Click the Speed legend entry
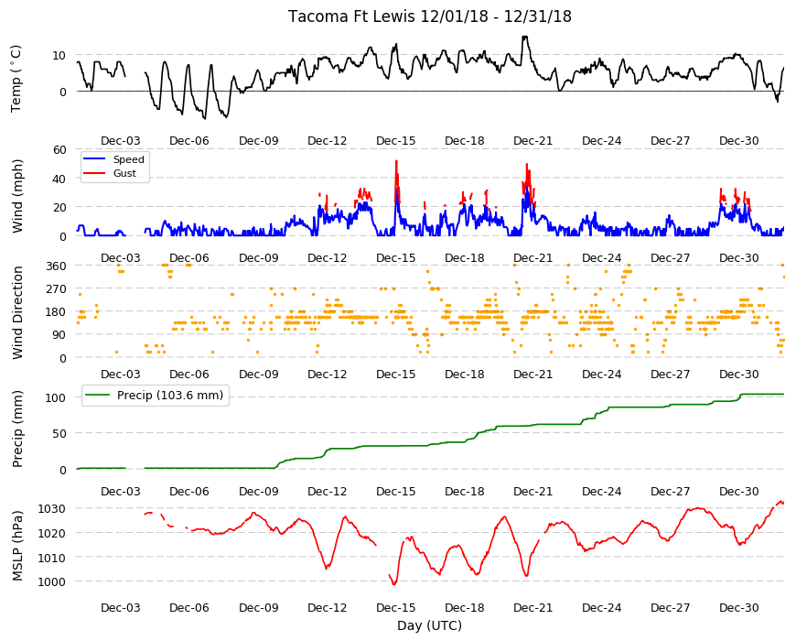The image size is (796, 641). (x=128, y=159)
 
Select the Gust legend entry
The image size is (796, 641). (x=124, y=173)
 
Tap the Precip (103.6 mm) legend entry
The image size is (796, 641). (x=170, y=396)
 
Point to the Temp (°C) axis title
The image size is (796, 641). (x=16, y=78)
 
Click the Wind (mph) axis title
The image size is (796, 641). (x=17, y=196)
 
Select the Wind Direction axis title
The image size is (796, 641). (x=17, y=313)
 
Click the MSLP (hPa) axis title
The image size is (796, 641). (x=17, y=546)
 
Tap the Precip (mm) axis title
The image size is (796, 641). (x=17, y=429)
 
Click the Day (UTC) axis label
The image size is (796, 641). (x=429, y=625)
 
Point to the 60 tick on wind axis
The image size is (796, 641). (x=59, y=150)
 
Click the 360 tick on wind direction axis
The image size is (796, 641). (x=56, y=266)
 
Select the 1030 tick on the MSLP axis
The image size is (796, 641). (x=52, y=509)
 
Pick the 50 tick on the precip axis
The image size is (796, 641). (x=59, y=433)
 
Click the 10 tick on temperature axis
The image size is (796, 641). (x=59, y=55)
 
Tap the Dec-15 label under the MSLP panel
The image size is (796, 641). (x=395, y=607)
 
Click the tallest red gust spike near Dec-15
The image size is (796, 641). (x=396, y=161)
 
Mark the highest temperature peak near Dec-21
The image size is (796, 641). (x=525, y=37)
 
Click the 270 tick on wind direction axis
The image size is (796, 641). (x=56, y=289)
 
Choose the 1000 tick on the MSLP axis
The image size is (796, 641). (x=52, y=581)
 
